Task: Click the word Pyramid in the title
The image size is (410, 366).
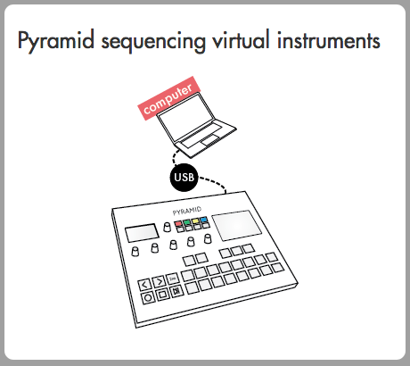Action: tap(56, 41)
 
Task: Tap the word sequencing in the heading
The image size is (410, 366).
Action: tap(153, 42)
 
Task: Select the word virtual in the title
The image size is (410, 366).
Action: tap(242, 39)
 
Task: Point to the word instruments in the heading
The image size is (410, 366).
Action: tap(329, 40)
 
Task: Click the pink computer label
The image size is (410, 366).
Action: tap(169, 98)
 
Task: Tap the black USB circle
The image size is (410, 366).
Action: tap(184, 178)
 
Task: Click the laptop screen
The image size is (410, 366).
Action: tap(186, 118)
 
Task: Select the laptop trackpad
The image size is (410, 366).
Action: tap(211, 140)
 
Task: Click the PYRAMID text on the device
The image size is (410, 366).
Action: tap(187, 211)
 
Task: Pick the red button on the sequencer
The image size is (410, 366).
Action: tap(178, 223)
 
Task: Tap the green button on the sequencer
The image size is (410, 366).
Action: tap(186, 222)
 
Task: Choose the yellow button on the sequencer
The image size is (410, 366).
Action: tap(195, 221)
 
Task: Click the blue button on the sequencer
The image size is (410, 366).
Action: tap(203, 220)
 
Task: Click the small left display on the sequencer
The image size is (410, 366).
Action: tap(142, 233)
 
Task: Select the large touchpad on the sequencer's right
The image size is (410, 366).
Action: tap(237, 224)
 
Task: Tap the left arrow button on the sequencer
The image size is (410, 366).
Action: tap(145, 285)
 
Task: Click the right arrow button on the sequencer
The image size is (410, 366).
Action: tap(159, 281)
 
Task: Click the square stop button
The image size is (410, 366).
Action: tap(162, 295)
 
